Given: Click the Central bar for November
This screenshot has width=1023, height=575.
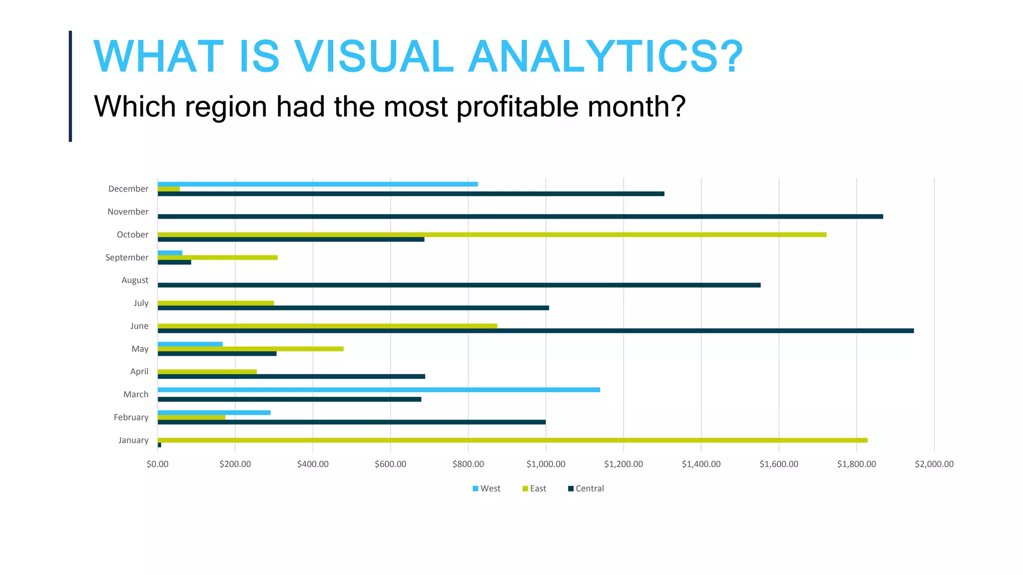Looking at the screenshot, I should (x=519, y=217).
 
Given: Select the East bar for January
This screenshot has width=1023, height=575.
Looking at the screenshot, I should (x=512, y=440).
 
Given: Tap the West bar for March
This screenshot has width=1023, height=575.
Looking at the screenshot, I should (x=379, y=390).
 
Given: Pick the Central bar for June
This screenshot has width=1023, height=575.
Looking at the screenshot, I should (x=535, y=331).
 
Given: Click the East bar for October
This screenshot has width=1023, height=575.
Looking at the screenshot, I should (x=492, y=235).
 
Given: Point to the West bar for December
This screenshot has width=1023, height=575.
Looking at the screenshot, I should (x=318, y=184).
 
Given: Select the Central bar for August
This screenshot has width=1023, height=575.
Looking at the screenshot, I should (x=459, y=285).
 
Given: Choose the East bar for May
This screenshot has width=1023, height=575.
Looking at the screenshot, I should (x=250, y=349).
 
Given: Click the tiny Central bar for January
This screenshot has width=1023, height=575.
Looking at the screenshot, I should (x=159, y=445).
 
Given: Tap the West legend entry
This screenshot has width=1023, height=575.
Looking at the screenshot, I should (x=487, y=489).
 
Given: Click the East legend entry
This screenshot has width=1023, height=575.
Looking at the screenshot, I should (x=534, y=489).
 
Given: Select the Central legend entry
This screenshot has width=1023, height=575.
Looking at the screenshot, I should (x=586, y=489).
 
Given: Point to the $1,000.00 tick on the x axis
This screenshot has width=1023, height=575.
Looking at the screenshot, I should (x=545, y=464).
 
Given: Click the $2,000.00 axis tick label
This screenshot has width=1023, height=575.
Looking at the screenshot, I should (x=934, y=464).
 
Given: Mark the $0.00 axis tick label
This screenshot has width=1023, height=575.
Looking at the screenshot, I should (x=157, y=464).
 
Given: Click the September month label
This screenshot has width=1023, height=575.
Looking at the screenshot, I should (x=127, y=258).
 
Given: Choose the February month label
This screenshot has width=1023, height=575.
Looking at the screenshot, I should (x=131, y=417).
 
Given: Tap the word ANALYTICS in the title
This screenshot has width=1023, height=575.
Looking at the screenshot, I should (x=605, y=56).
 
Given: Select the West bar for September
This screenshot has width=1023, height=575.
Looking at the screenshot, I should (x=170, y=253).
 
